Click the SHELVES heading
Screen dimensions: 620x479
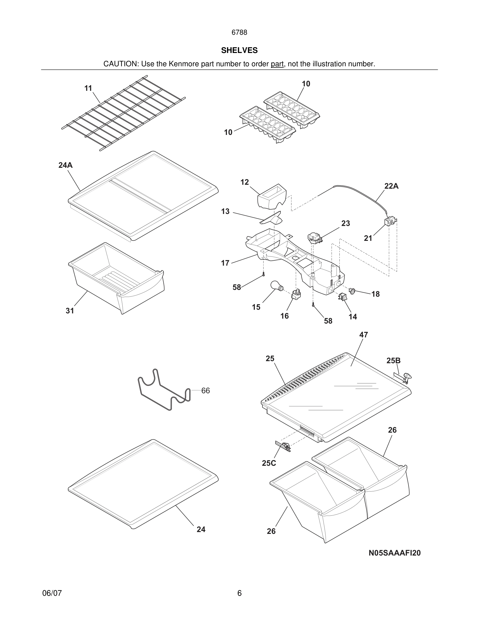point(239,50)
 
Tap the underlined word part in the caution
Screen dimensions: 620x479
point(277,64)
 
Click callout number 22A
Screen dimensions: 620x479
point(391,186)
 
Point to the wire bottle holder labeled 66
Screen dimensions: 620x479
point(164,390)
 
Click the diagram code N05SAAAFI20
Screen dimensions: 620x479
point(394,553)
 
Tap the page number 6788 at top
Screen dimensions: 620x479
point(239,33)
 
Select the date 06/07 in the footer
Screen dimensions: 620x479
point(52,593)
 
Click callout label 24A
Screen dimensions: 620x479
point(65,165)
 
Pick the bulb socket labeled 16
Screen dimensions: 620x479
point(296,294)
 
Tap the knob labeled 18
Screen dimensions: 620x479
point(352,291)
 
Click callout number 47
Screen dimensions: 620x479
point(363,335)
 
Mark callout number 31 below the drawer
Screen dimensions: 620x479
point(70,311)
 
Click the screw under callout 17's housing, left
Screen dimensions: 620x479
point(264,274)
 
